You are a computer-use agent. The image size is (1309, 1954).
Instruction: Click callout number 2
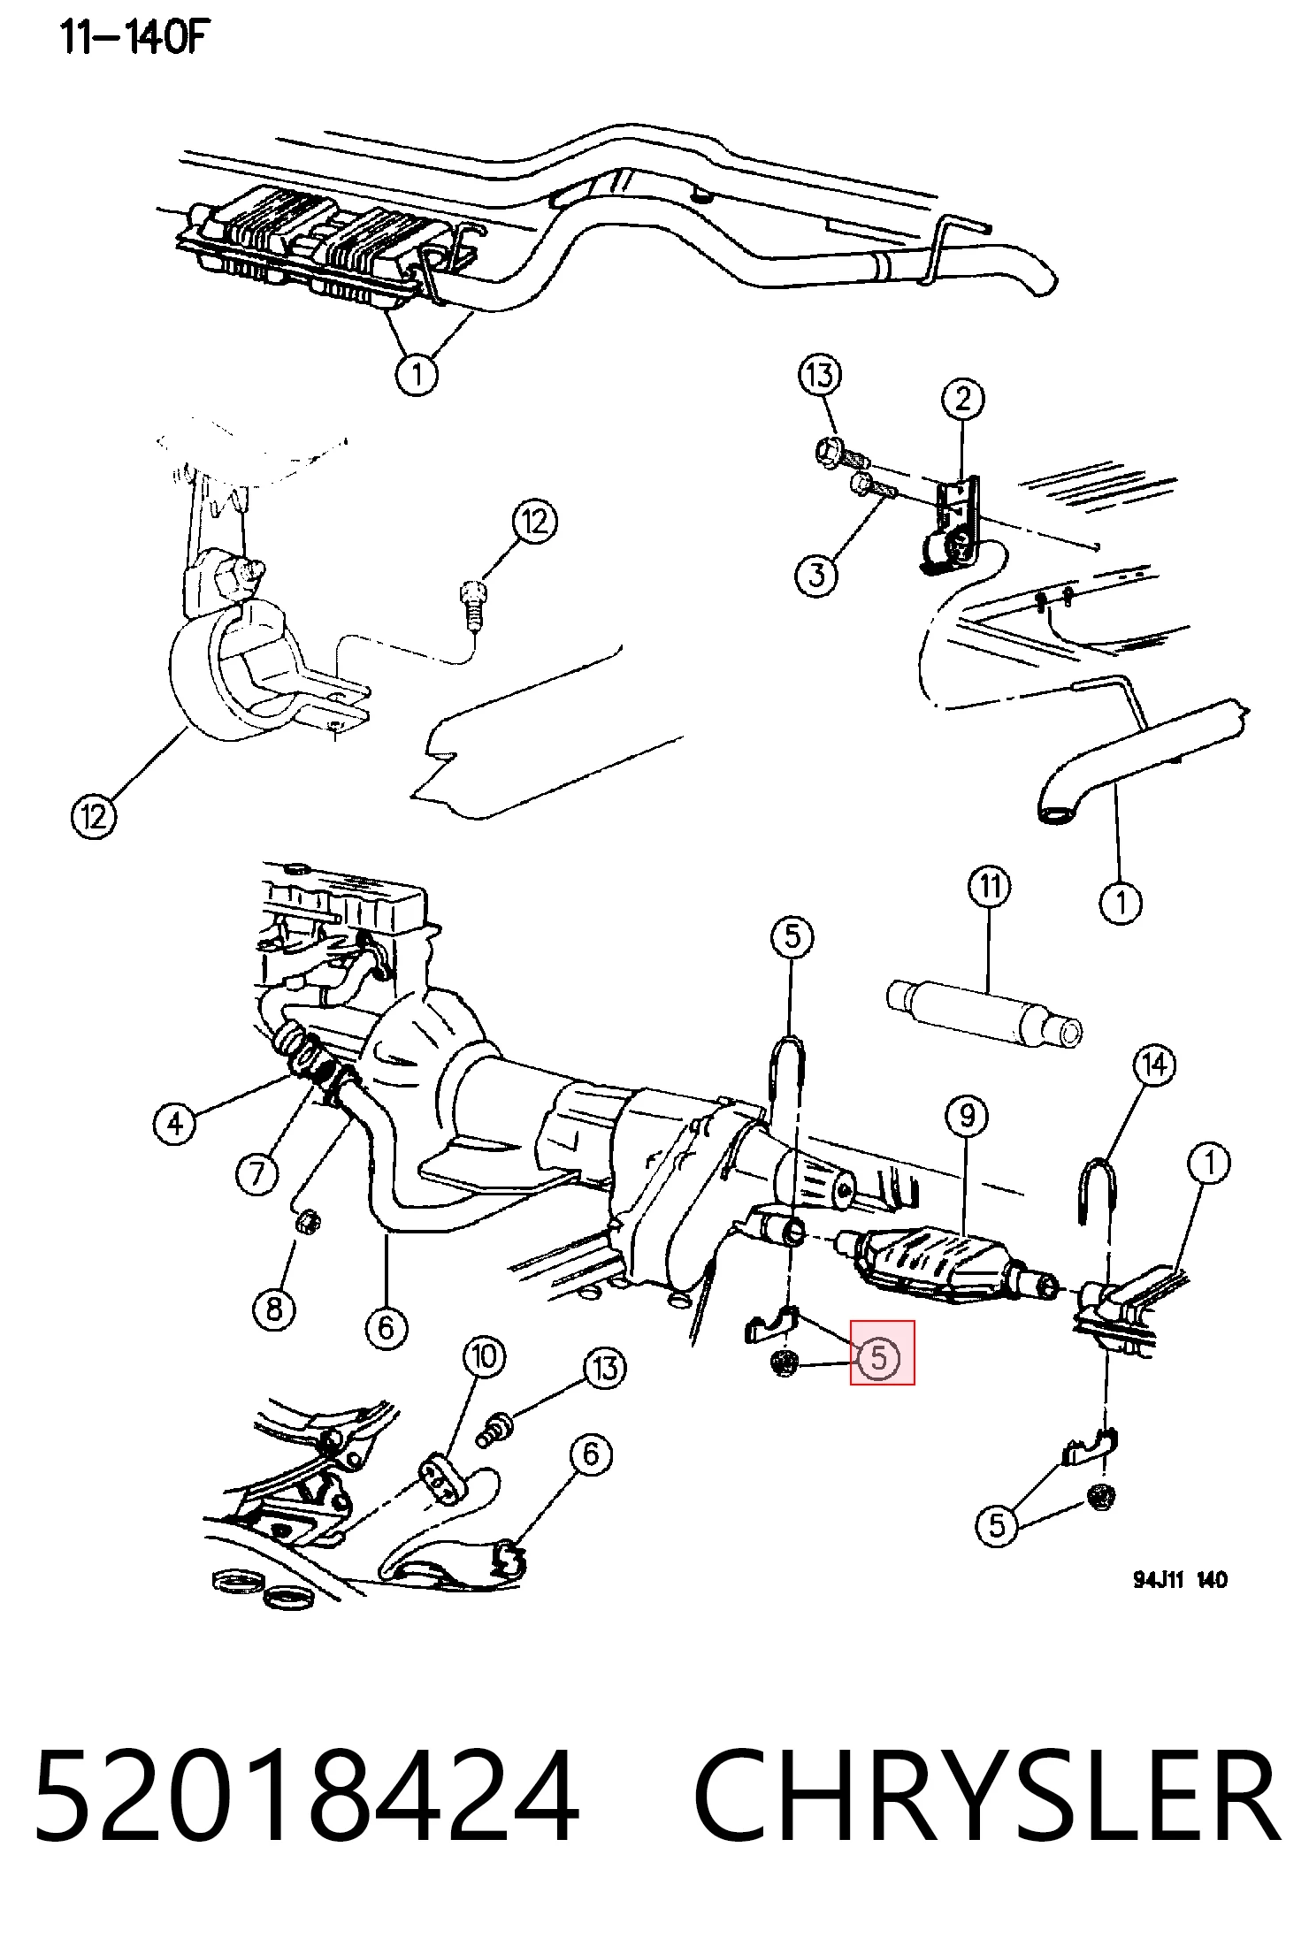point(963,400)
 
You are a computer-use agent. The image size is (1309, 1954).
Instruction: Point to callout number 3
point(816,576)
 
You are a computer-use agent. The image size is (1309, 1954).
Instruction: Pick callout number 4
point(175,1124)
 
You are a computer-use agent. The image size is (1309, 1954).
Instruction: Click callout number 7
point(257,1174)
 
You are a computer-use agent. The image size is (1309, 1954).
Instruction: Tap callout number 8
point(274,1308)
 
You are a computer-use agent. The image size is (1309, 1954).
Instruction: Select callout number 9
point(967,1117)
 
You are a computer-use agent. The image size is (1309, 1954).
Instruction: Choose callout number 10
point(485,1356)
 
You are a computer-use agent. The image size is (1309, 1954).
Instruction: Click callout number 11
point(990,886)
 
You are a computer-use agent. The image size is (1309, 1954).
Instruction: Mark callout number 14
point(1155,1065)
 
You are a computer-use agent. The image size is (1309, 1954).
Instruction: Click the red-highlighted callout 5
point(879,1356)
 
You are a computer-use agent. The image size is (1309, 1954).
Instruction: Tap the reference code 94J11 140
point(1180,1580)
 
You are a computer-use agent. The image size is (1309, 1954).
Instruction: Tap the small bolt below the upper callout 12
point(474,604)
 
